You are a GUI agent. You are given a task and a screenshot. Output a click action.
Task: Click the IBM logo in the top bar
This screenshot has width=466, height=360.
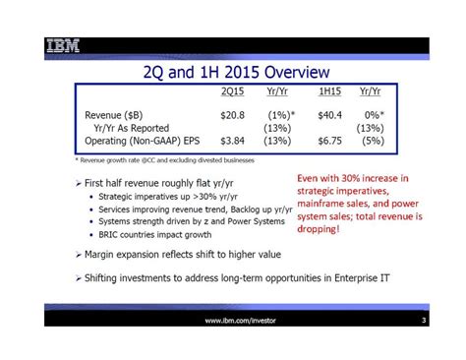tap(63, 45)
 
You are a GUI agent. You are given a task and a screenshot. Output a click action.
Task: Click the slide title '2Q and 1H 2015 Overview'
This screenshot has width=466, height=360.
tap(235, 73)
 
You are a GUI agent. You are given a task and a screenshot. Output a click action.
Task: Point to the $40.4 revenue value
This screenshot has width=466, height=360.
tap(329, 115)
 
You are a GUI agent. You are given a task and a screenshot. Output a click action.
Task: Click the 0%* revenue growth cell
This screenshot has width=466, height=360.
tap(371, 115)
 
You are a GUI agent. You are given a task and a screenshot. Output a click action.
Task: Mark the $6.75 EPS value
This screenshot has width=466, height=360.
tap(329, 141)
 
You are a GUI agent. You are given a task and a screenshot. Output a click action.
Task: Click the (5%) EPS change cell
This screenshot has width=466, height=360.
tap(372, 141)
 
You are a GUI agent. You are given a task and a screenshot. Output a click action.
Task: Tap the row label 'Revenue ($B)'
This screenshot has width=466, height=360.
tap(115, 115)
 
